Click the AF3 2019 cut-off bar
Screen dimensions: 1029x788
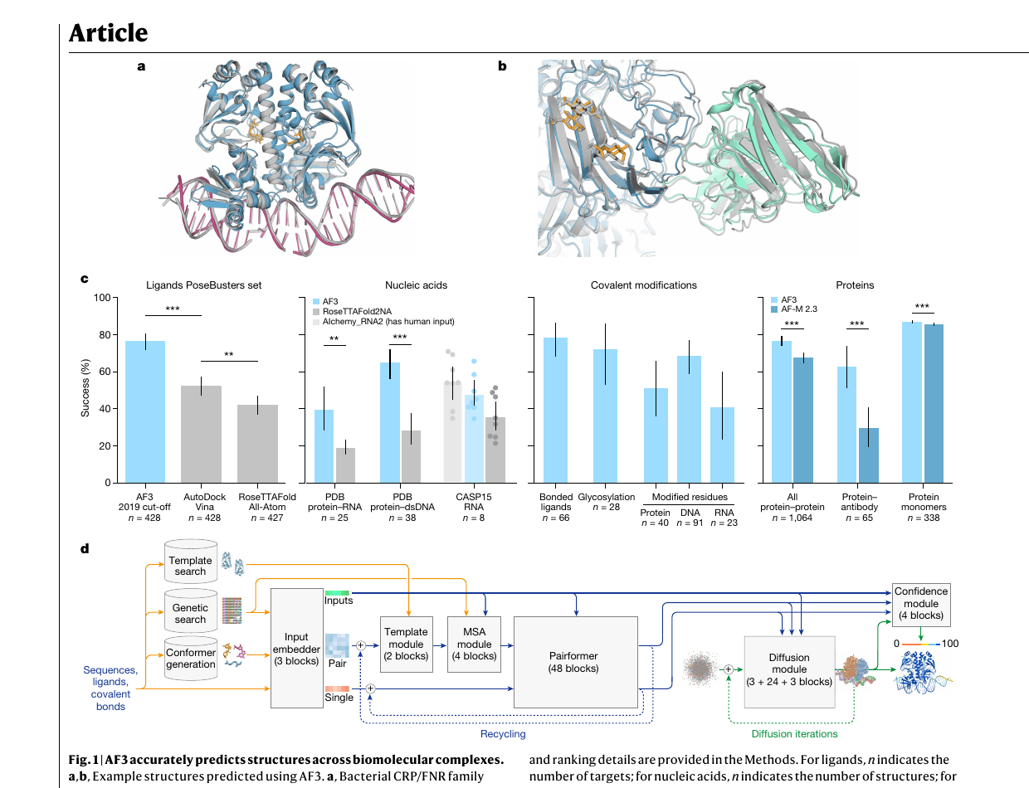pyautogui.click(x=145, y=411)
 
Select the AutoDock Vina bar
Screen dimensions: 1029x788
pyautogui.click(x=202, y=434)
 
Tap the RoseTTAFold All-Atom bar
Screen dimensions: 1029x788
pyautogui.click(x=257, y=444)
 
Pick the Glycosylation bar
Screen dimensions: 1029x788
pyautogui.click(x=605, y=416)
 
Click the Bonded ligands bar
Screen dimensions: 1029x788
pyautogui.click(x=555, y=410)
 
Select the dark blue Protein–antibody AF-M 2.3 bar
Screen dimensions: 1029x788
pyautogui.click(x=869, y=455)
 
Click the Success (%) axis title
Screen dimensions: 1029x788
pyautogui.click(x=85, y=388)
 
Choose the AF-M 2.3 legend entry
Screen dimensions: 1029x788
pyautogui.click(x=794, y=309)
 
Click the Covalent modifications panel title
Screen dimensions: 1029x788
pyautogui.click(x=643, y=285)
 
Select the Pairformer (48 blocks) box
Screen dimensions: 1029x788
pyautogui.click(x=576, y=662)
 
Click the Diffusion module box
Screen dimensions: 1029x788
pyautogui.click(x=789, y=672)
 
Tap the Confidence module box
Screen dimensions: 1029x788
pyautogui.click(x=921, y=605)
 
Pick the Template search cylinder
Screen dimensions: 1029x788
pyautogui.click(x=191, y=562)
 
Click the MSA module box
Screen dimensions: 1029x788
pyautogui.click(x=474, y=645)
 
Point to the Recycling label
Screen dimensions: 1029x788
pyautogui.click(x=503, y=733)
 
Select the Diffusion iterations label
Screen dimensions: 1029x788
pyautogui.click(x=794, y=733)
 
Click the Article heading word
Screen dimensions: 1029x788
pyautogui.click(x=109, y=32)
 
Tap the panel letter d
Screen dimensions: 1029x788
pyautogui.click(x=85, y=548)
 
